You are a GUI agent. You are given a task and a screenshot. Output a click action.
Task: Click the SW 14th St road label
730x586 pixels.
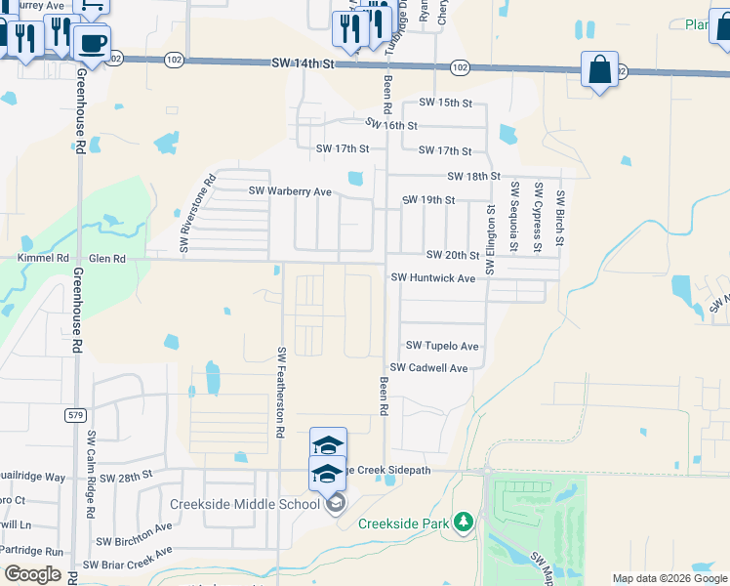[303, 63]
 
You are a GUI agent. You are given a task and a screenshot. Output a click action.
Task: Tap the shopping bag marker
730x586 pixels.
[599, 70]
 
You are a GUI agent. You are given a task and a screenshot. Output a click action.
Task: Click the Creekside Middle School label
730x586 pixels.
[245, 504]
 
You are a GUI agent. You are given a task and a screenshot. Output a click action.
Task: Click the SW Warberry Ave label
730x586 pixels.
[290, 191]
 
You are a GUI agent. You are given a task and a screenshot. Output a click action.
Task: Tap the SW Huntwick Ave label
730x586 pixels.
[433, 278]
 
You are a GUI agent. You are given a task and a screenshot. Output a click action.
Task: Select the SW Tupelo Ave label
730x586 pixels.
[442, 346]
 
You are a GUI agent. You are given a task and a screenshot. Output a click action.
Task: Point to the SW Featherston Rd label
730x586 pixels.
[281, 391]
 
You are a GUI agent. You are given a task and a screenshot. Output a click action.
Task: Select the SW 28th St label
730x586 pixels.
[133, 473]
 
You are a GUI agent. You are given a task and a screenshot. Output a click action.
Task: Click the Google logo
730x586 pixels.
[32, 574]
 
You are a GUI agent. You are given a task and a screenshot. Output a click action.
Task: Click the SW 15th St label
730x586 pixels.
[445, 103]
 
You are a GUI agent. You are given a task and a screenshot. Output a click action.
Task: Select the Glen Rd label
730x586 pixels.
[107, 259]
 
